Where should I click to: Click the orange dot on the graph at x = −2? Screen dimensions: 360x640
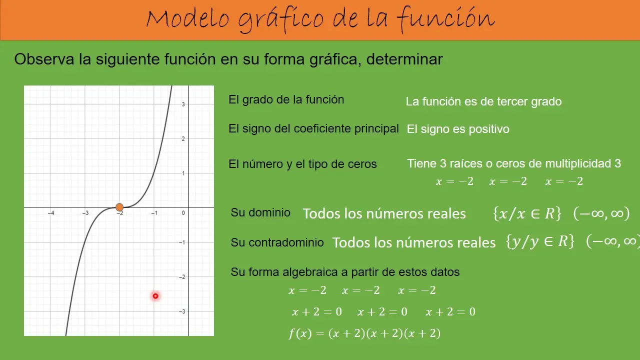pos(119,207)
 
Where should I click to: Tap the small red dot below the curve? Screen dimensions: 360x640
pos(155,296)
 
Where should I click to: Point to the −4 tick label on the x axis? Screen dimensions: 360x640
pos(51,213)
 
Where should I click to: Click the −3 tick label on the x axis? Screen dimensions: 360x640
pos(85,213)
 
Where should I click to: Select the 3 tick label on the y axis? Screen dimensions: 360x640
pos(183,104)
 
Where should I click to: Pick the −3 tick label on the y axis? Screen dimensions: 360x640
pos(182,311)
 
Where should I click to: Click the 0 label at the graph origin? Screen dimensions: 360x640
pos(183,213)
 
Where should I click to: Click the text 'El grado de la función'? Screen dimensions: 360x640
pos(286,99)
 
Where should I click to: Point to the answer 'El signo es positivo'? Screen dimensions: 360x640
pos(458,129)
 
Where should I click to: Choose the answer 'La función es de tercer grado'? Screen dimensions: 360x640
pos(483,101)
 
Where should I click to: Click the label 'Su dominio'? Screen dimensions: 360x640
pos(260,212)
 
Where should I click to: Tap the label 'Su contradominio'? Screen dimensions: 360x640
pos(277,242)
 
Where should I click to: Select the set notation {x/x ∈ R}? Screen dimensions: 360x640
pos(526,214)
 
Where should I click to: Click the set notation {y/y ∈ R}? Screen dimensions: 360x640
pos(539,242)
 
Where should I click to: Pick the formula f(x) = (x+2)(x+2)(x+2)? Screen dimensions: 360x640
pos(364,333)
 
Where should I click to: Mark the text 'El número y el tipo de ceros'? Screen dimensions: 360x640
pos(302,164)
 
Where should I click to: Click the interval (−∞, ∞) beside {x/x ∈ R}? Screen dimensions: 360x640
pos(601,214)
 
